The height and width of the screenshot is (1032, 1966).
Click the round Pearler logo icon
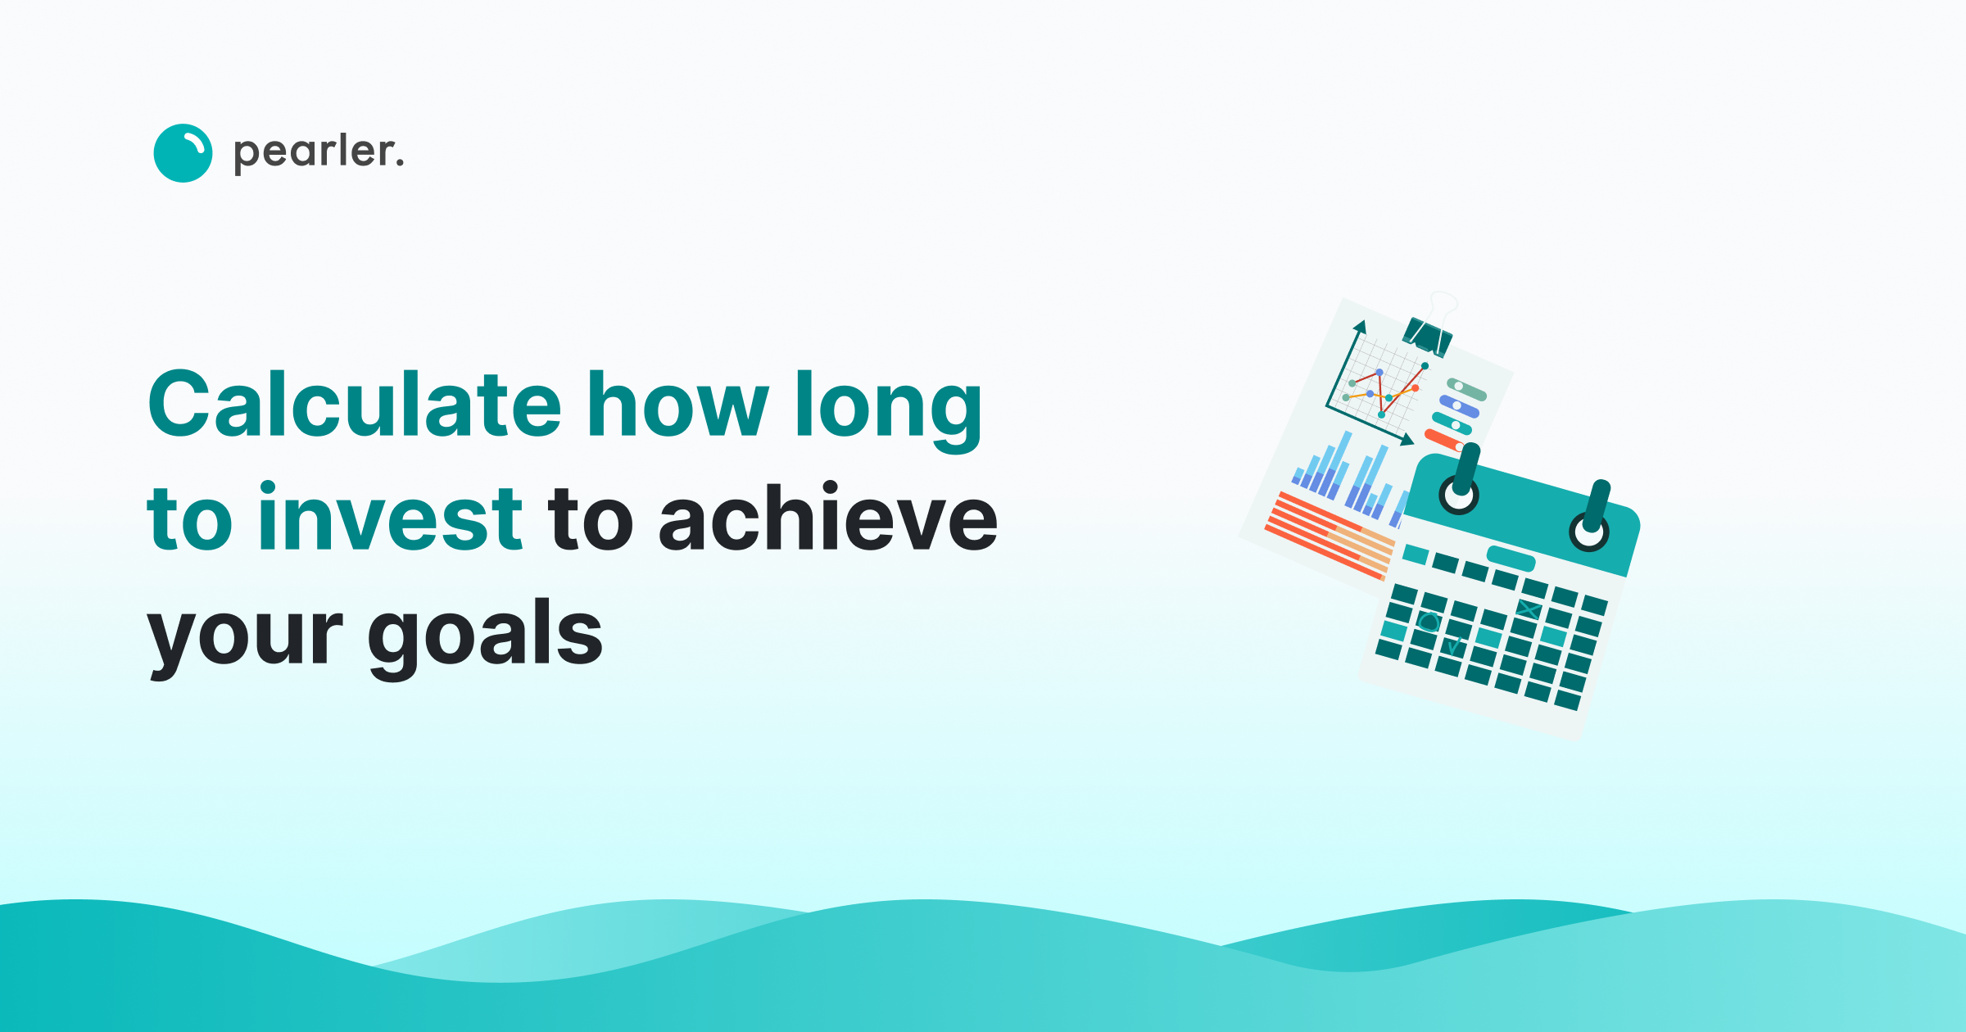[183, 153]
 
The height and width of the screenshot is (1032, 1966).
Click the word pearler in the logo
[319, 152]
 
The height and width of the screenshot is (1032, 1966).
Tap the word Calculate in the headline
[355, 405]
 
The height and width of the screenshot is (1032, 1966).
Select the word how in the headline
[678, 405]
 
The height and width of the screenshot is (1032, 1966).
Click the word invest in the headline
[390, 518]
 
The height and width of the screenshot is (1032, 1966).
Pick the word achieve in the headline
[828, 518]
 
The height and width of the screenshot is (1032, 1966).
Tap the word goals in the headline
[485, 635]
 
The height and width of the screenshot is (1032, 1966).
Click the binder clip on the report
[1428, 335]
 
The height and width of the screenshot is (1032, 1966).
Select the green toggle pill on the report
[1466, 390]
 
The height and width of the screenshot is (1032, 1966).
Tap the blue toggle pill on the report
[1460, 407]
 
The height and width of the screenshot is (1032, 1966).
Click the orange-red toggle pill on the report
[1444, 441]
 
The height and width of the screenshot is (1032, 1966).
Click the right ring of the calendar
[1589, 531]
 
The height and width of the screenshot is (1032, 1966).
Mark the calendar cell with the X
[1527, 609]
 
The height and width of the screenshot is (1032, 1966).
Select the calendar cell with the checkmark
[1453, 648]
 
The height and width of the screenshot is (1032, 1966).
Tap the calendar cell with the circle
[1429, 622]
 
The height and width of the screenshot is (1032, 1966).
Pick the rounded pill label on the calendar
[1511, 559]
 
